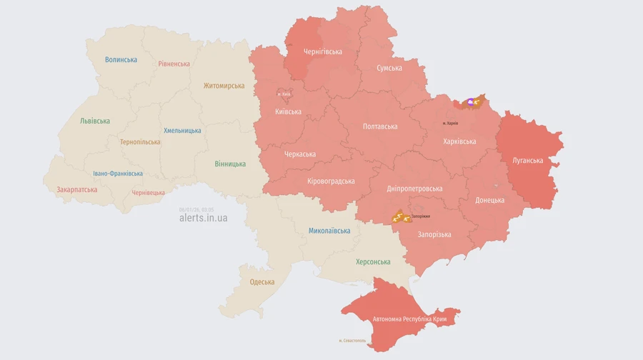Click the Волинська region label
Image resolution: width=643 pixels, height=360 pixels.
tap(121, 59)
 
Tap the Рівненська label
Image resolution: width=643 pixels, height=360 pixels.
tap(174, 64)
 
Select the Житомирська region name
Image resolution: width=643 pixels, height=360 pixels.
tap(224, 86)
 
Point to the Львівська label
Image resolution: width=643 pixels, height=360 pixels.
tap(95, 121)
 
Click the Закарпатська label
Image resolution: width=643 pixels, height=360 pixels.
tap(76, 190)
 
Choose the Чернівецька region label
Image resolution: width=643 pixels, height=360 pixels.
tap(148, 193)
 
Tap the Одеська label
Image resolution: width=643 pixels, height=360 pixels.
tap(261, 281)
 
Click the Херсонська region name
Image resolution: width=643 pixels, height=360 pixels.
tap(373, 262)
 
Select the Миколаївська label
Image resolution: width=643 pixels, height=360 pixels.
tap(329, 231)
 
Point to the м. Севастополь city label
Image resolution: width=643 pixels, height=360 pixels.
tap(352, 341)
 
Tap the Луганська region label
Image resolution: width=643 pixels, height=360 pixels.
tap(527, 160)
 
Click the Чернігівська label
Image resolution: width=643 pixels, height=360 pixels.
tap(322, 51)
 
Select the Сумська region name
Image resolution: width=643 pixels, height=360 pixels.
tap(389, 68)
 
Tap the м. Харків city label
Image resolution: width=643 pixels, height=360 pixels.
tap(450, 124)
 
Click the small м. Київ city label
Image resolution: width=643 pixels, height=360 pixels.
tap(284, 94)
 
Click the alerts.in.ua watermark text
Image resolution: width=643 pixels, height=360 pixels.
tap(203, 218)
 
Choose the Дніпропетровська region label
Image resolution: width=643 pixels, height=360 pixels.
tap(414, 189)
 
